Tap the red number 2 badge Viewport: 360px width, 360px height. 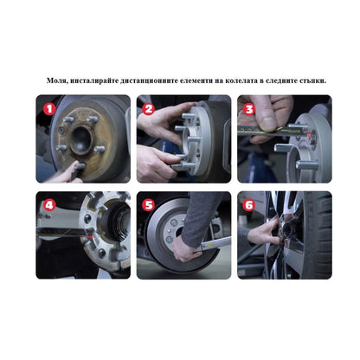(x=149, y=110)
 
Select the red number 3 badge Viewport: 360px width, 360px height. (x=249, y=110)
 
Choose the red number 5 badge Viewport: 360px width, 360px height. (x=149, y=206)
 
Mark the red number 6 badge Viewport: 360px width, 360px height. (x=249, y=206)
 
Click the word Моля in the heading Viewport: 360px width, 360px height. (x=57, y=80)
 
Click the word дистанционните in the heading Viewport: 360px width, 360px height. (x=145, y=80)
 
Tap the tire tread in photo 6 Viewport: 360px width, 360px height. (x=318, y=234)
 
